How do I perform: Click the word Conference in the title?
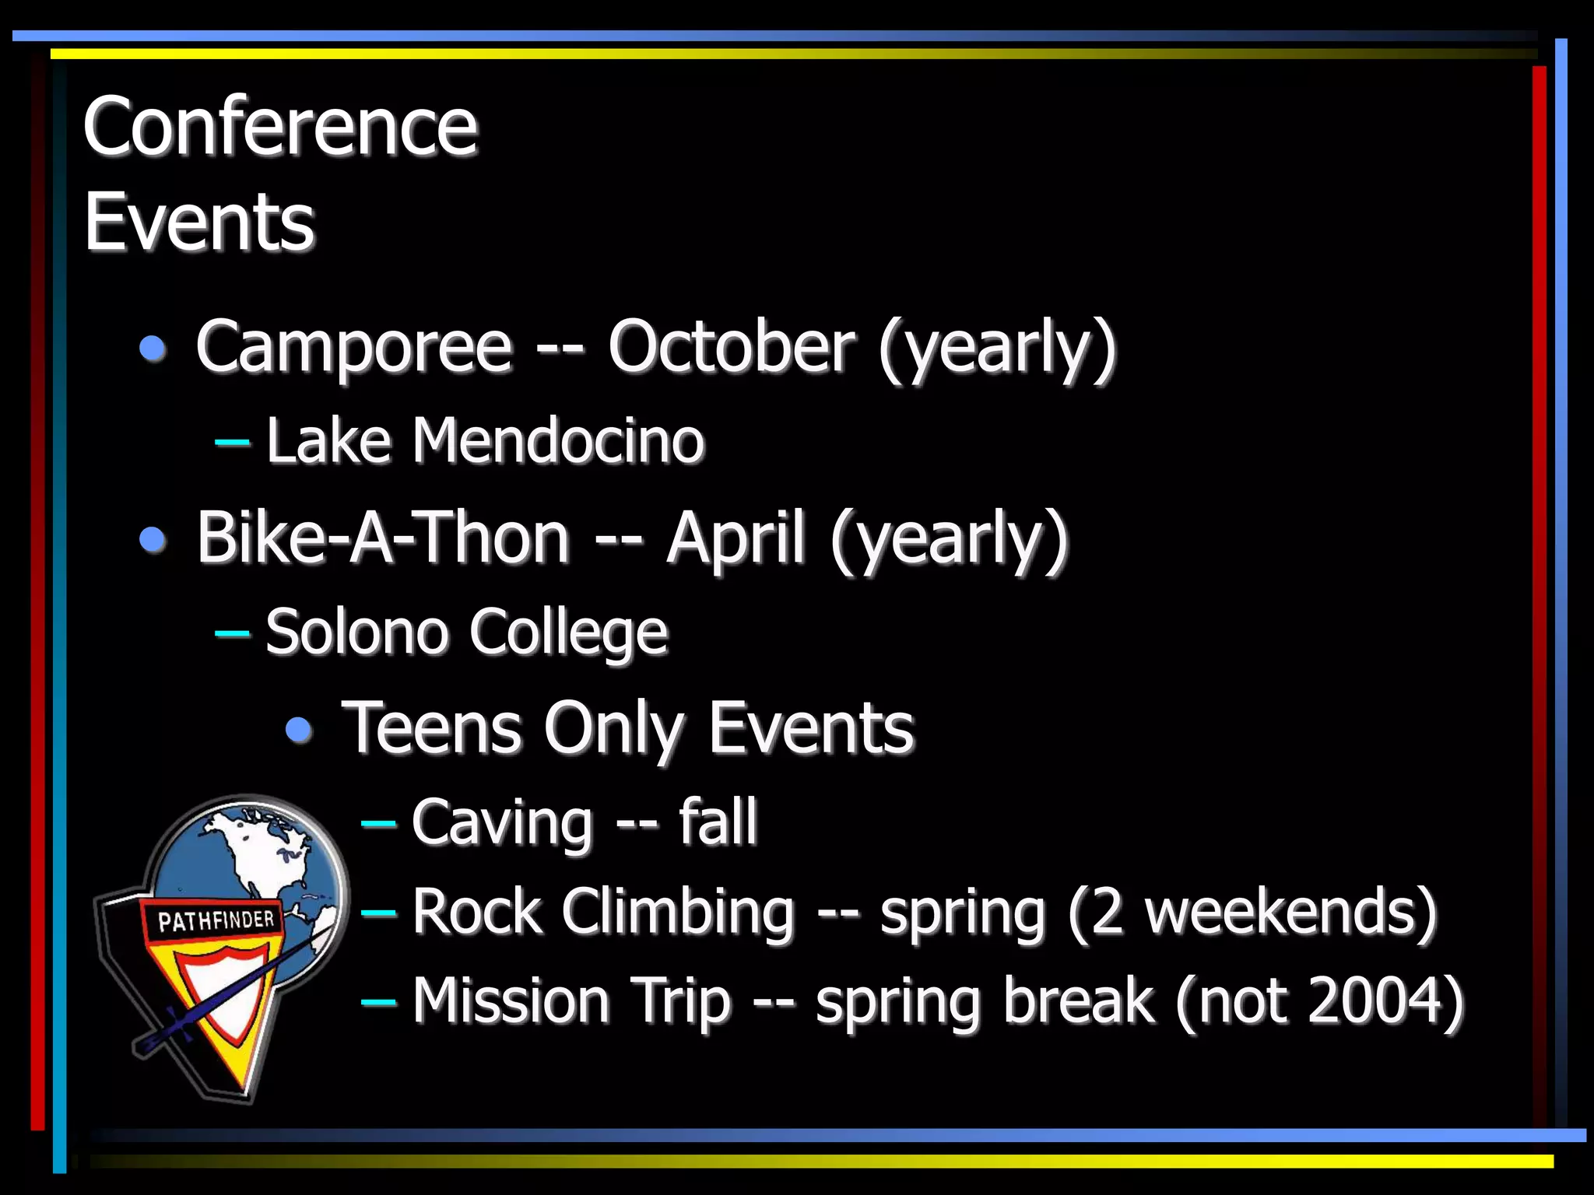280,126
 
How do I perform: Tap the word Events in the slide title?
199,223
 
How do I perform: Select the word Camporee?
354,346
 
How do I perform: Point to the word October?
731,346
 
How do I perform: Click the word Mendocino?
558,441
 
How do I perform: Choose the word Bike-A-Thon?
383,538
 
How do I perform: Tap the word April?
735,538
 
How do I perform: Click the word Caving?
502,822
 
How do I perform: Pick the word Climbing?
678,912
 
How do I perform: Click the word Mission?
511,1001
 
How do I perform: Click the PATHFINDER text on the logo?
216,921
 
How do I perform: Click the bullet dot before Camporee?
153,348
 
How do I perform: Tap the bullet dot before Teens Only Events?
299,730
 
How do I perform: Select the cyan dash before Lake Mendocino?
232,443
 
